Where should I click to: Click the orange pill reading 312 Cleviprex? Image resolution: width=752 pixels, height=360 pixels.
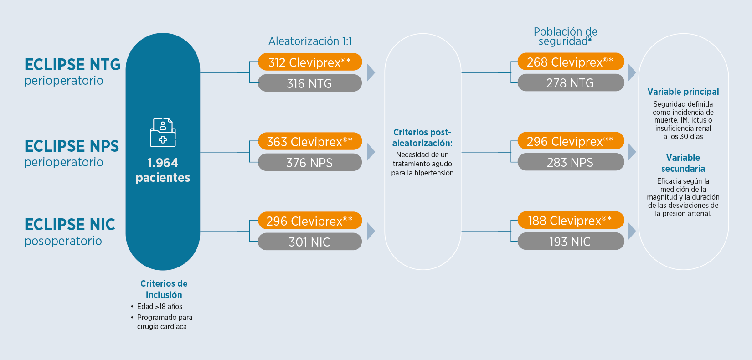(x=310, y=62)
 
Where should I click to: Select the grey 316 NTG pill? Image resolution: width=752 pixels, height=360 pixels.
(x=310, y=83)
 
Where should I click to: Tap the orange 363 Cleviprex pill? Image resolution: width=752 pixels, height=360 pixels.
(x=310, y=141)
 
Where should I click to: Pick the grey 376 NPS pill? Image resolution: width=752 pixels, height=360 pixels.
(x=310, y=162)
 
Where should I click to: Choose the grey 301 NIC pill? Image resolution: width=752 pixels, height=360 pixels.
(x=310, y=242)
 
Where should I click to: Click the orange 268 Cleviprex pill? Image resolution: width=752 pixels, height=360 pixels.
(x=571, y=62)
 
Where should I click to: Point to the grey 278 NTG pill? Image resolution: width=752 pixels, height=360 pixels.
(x=571, y=82)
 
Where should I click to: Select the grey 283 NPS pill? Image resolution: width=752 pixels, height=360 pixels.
(x=571, y=162)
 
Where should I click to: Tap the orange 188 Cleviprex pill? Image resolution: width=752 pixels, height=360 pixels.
(x=571, y=220)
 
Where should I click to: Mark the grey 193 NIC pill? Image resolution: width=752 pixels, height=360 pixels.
(x=571, y=241)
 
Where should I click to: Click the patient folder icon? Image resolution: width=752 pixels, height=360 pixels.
(x=163, y=132)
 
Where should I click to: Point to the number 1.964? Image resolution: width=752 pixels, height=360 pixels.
(x=163, y=163)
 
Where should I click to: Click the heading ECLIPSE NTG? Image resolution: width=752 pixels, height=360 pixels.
(x=72, y=64)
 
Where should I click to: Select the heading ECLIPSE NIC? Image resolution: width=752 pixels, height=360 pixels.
(x=70, y=224)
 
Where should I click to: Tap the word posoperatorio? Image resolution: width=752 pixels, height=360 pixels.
(x=63, y=241)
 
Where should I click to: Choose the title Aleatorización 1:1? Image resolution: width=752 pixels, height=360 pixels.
(x=310, y=41)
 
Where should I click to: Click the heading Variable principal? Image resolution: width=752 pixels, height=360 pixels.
(x=683, y=92)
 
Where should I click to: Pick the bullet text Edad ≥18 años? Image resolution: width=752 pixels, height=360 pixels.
(x=160, y=306)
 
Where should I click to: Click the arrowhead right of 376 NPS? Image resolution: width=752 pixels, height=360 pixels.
(x=371, y=152)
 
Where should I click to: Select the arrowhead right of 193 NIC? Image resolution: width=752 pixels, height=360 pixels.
(x=632, y=231)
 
